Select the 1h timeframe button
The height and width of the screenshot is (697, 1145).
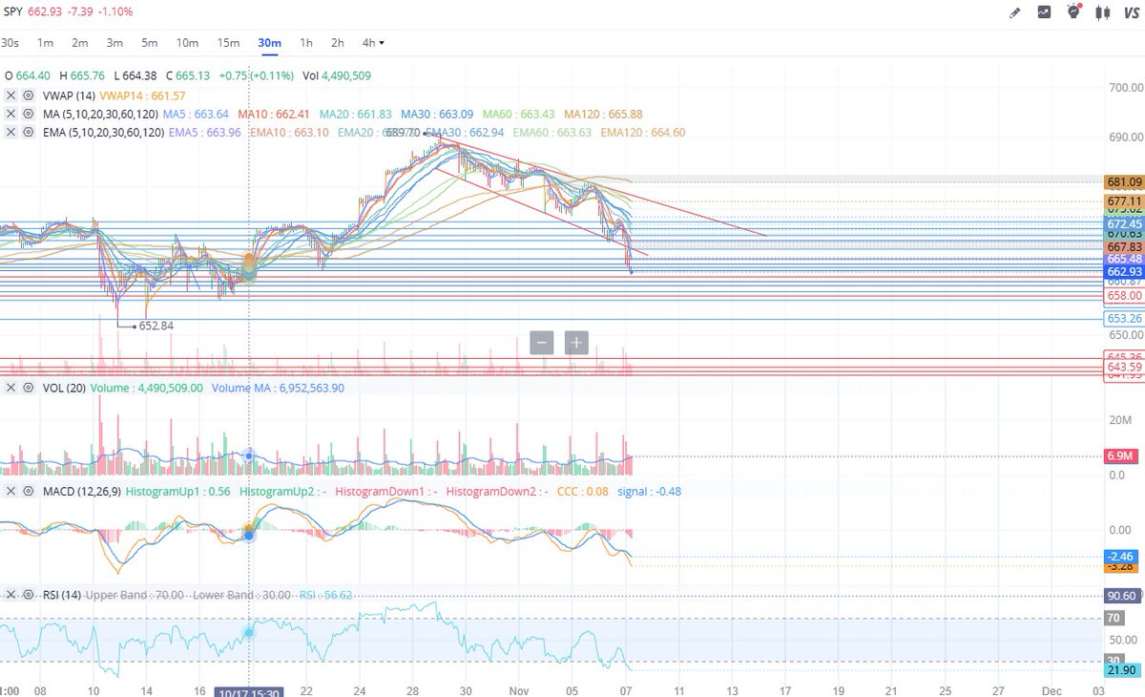coord(305,43)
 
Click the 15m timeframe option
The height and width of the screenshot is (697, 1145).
coord(228,43)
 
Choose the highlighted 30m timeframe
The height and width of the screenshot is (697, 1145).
coord(269,43)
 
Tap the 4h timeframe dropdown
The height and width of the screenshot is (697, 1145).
coord(373,43)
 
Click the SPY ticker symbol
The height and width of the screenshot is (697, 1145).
coord(13,11)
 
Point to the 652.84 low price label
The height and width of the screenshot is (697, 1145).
coord(156,326)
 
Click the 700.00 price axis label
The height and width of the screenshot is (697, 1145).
coord(1124,88)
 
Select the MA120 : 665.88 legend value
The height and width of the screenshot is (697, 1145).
coord(603,114)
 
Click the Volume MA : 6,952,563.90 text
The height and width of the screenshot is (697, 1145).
coord(278,389)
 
